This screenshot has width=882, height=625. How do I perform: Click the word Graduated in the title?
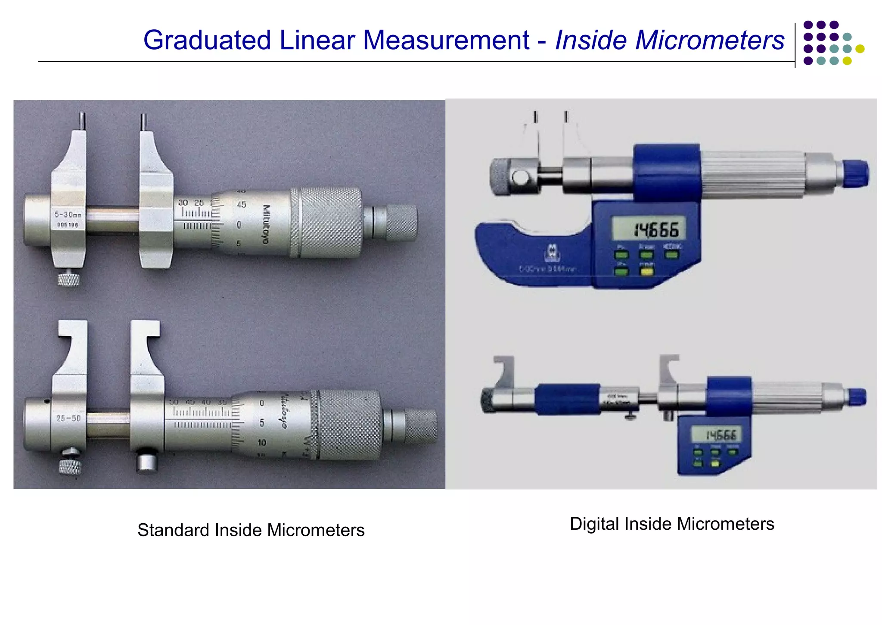(207, 40)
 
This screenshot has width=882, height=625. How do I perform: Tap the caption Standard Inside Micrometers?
(251, 530)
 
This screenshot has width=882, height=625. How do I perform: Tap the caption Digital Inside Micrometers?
(671, 524)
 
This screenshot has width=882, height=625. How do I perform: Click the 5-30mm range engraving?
(68, 214)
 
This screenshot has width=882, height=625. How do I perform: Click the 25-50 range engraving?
(68, 418)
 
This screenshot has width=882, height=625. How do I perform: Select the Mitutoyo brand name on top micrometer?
(266, 224)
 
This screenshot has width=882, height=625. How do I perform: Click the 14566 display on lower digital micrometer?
(720, 434)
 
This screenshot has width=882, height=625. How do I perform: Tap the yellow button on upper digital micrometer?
(646, 272)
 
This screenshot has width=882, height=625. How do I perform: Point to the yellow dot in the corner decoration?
(860, 49)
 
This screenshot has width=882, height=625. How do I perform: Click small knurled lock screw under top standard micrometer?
(68, 279)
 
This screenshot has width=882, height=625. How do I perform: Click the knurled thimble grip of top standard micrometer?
(330, 222)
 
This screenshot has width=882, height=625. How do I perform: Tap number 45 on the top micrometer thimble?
(241, 205)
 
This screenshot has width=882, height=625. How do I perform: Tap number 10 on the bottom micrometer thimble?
(261, 443)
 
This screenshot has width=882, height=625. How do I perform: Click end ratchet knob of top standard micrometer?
(401, 222)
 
